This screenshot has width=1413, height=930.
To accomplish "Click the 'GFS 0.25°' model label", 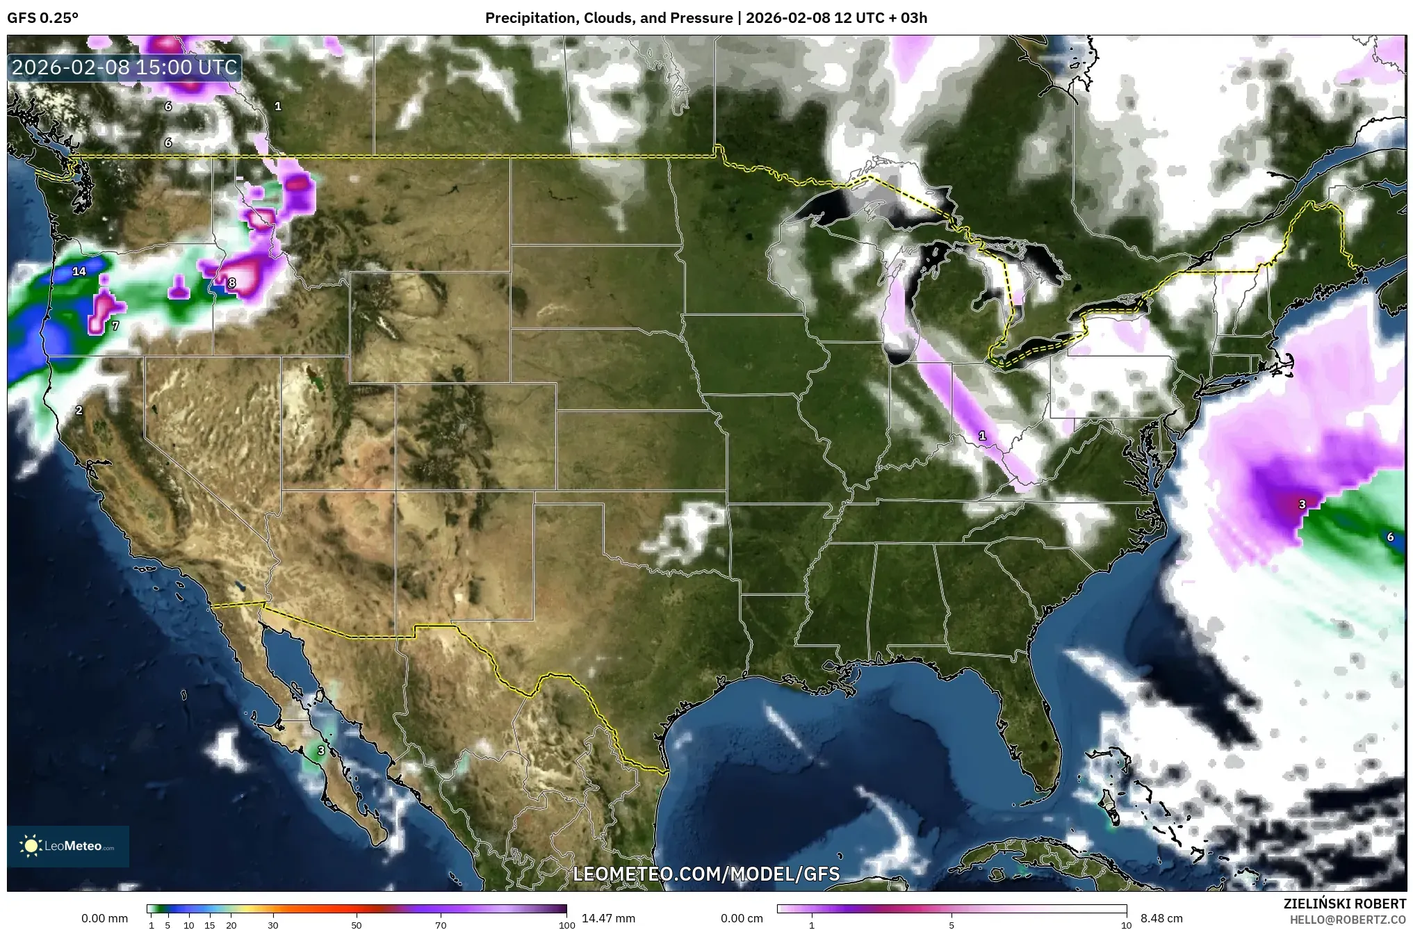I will [43, 18].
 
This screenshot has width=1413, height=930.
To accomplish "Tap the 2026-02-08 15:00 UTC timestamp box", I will [125, 67].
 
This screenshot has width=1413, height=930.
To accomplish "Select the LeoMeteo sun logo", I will [31, 846].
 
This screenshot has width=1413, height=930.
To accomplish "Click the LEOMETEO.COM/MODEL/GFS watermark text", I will [706, 874].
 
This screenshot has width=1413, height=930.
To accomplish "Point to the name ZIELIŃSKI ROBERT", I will [1344, 904].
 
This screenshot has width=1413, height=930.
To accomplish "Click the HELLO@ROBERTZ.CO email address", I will [1348, 920].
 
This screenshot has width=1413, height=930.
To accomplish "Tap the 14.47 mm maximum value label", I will [608, 918].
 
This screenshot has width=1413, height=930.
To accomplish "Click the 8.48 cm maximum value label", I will [1161, 918].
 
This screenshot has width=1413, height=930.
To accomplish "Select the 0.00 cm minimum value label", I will [742, 918].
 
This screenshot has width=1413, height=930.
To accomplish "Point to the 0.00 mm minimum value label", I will [104, 918].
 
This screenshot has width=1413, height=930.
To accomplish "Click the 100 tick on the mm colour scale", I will [566, 925].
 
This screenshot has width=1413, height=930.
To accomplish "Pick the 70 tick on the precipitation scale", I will [441, 925].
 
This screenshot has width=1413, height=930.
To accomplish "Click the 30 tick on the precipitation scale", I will [273, 925].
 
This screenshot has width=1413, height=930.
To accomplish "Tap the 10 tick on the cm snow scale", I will [1126, 925].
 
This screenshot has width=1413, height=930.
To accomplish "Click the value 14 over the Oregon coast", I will [79, 271].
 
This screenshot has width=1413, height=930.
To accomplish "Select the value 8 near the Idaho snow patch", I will [232, 283].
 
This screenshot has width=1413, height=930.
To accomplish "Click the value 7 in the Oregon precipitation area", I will [115, 325].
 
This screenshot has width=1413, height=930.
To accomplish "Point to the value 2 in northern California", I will [79, 411].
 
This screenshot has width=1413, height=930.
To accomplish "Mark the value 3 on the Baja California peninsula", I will [321, 751].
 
